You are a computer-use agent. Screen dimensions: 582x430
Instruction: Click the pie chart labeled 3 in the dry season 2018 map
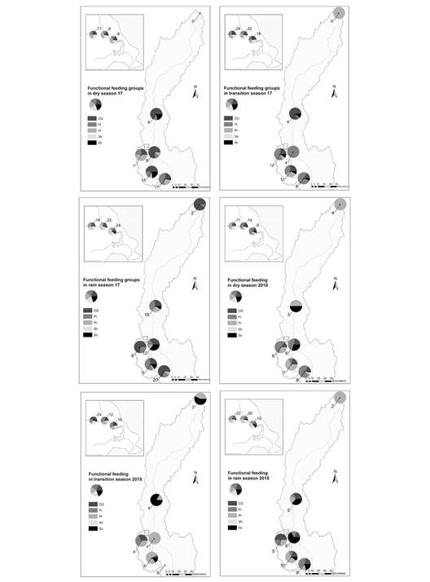296,306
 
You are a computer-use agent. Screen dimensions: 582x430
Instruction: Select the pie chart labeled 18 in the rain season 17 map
156,307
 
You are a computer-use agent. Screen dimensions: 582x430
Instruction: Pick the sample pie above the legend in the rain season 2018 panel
236,489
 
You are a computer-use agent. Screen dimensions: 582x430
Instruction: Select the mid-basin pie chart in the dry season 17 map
156,116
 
